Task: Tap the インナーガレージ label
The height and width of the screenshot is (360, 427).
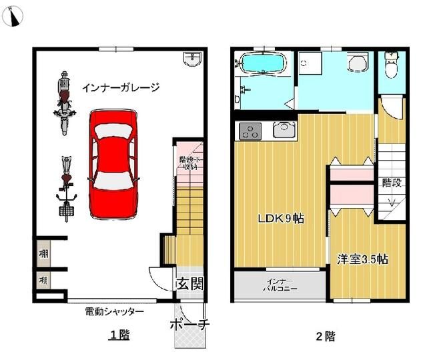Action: click(121, 87)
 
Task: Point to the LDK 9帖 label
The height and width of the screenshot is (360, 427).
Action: click(281, 218)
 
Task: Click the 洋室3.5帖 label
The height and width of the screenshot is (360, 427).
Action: click(362, 259)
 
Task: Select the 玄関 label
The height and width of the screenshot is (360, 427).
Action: click(189, 284)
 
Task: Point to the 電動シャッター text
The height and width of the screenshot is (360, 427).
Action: click(114, 311)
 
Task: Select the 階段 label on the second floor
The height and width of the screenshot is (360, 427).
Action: click(391, 182)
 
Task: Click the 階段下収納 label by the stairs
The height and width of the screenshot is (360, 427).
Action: click(188, 163)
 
